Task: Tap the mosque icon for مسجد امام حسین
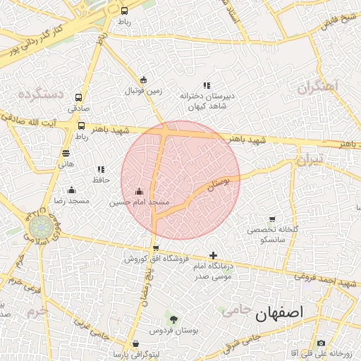coord(139,191)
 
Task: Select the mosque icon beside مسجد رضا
coord(71,190)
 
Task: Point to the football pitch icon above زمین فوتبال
coord(144,80)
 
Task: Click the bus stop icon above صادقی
coord(78,98)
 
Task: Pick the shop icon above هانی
coord(66,152)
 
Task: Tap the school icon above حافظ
coord(101,169)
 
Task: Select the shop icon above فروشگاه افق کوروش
coord(156,247)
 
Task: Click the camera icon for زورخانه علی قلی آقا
coord(321,343)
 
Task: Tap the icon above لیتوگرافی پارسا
coord(135,343)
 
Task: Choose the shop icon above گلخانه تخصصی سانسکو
coord(272,219)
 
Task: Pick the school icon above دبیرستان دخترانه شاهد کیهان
coord(207,85)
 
